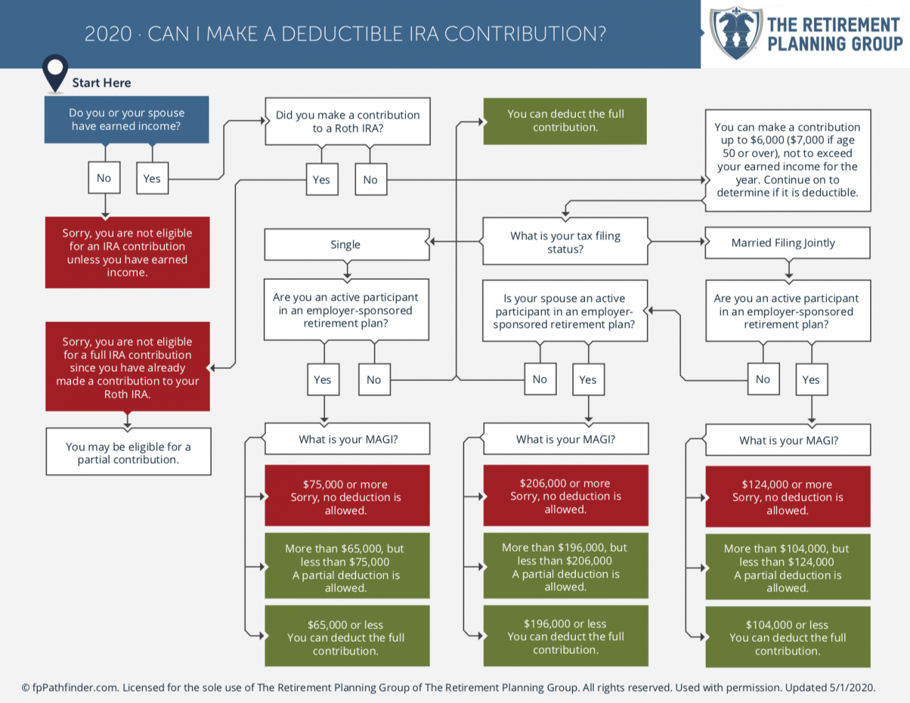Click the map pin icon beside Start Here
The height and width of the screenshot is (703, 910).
pos(55,72)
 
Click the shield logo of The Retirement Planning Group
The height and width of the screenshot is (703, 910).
pos(736,33)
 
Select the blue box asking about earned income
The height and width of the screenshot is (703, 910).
pos(127,119)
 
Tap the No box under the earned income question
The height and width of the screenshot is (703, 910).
pos(104,178)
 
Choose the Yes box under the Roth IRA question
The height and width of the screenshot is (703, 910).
pos(321,179)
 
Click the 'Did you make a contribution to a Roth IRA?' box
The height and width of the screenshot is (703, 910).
pos(348,122)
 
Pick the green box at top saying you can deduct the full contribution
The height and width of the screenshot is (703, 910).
pos(565,121)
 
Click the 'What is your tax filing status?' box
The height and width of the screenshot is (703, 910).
pos(565,242)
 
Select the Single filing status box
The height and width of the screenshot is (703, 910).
pos(346,245)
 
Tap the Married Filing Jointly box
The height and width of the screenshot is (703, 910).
pos(787,243)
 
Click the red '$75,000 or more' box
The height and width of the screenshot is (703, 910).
pos(347,496)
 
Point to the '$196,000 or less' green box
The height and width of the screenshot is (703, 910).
pos(565,636)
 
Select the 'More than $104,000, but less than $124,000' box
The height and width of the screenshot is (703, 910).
pos(787,567)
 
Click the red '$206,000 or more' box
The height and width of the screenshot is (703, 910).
pos(565,495)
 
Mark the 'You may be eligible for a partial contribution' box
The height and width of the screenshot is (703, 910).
pos(128,452)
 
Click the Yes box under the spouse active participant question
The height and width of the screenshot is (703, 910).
pos(588,380)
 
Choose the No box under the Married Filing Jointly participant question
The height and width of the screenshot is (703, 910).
pos(763,379)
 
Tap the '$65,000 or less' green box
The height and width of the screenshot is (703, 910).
pos(347,637)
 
